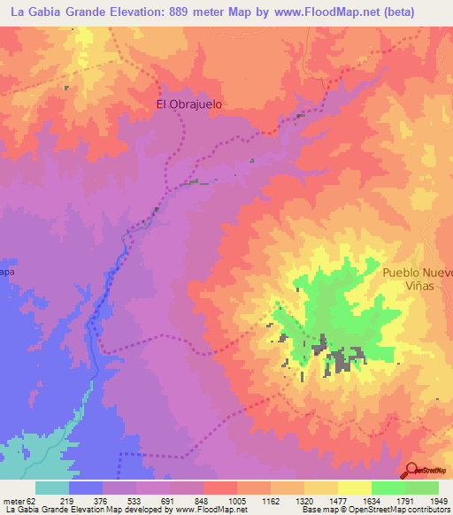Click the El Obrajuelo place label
click(x=189, y=104)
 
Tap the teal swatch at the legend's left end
click(x=52, y=488)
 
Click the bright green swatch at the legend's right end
click(x=422, y=488)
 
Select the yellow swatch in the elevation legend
click(x=355, y=488)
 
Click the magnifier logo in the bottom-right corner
click(x=412, y=469)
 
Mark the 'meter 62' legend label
click(x=21, y=500)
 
